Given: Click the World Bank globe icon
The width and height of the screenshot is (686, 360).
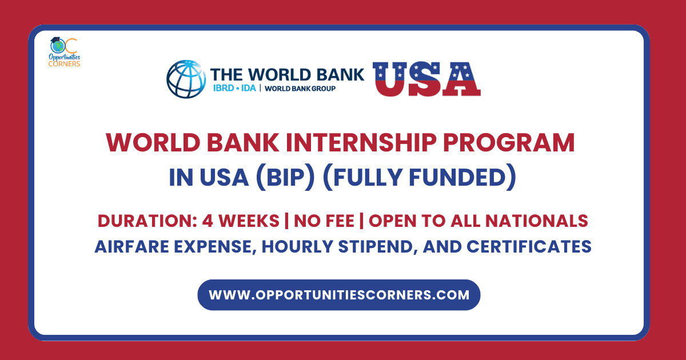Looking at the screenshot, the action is click(186, 79).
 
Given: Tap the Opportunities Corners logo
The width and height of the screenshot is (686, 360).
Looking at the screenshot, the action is click(64, 52).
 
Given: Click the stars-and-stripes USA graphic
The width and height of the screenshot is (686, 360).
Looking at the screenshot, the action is click(426, 79).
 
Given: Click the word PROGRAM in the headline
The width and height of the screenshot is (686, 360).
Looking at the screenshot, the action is click(509, 143).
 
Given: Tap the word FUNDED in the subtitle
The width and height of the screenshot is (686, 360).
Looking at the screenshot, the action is click(462, 178).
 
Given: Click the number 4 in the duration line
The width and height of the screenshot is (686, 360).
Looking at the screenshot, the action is click(208, 221).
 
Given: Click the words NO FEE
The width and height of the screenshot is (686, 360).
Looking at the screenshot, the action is click(324, 221).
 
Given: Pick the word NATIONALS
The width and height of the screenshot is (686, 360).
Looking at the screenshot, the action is click(537, 221).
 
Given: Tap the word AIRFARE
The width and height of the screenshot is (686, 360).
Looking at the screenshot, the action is click(131, 247).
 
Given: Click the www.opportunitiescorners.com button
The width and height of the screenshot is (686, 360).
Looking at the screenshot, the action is click(338, 295).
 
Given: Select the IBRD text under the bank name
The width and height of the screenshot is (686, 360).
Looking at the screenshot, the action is click(224, 88).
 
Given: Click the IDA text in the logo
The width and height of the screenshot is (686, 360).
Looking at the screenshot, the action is click(248, 88).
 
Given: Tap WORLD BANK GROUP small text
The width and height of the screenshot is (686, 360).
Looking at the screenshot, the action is click(300, 89).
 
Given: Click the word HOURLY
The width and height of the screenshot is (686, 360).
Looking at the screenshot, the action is click(297, 247).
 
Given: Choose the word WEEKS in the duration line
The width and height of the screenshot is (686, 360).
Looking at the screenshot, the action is click(249, 221).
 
